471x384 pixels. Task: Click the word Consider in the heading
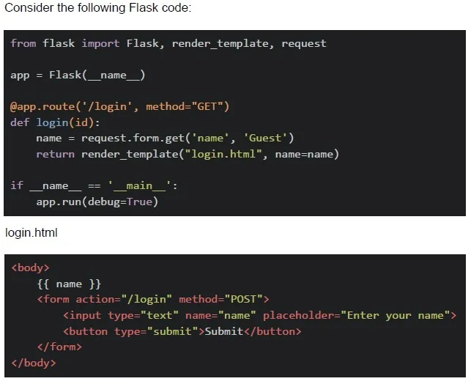29,7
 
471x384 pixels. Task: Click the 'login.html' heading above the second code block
31,233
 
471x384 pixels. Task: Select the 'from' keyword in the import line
23,43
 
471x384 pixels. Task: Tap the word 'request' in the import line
304,44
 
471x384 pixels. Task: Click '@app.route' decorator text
42,107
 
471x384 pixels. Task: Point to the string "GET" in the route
207,107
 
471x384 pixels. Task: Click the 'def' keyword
20,122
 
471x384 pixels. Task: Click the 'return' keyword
55,154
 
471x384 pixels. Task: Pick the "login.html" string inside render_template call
223,154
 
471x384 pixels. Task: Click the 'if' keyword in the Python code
17,185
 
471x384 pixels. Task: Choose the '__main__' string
139,186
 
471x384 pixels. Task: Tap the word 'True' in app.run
139,202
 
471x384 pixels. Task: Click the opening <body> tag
30,267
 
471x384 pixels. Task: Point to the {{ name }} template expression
69,284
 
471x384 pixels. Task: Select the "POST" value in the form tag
243,299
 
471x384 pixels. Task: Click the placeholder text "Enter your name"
396,316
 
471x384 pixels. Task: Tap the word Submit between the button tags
224,331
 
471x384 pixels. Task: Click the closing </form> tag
59,347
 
